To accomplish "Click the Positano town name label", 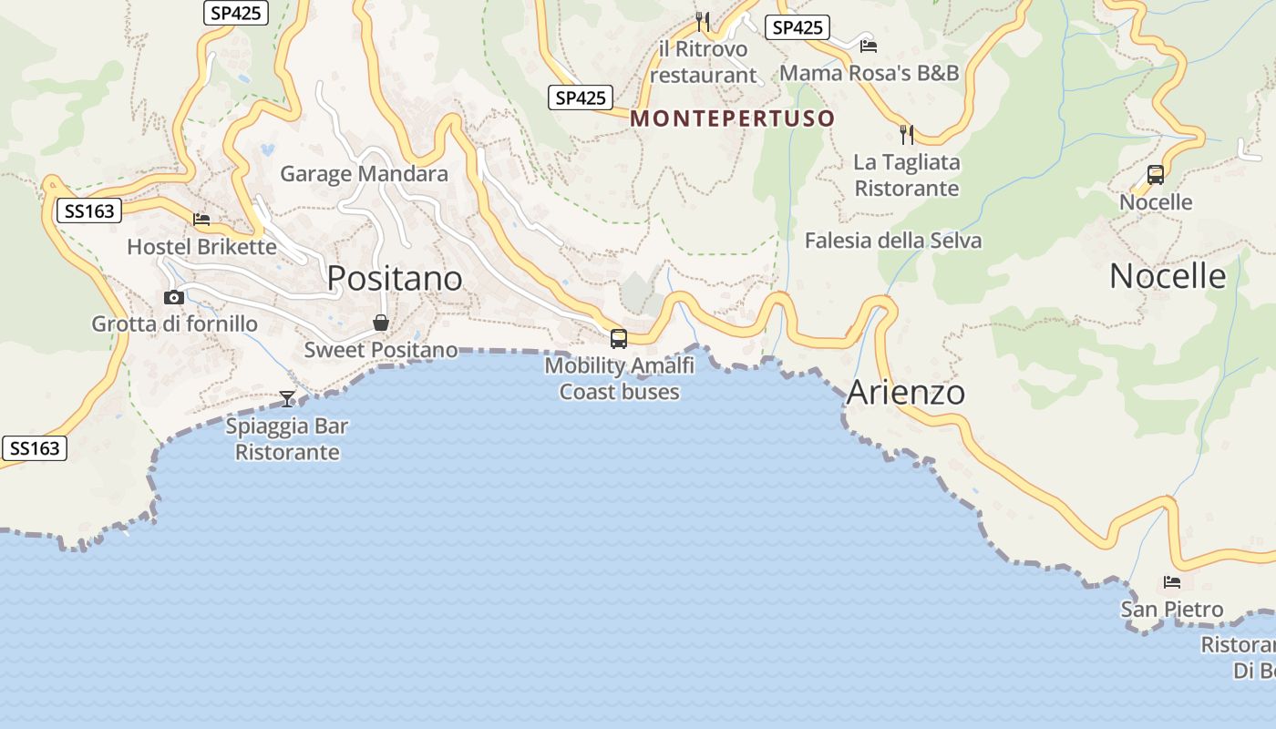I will pyautogui.click(x=395, y=278).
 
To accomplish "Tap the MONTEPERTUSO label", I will pyautogui.click(x=733, y=118).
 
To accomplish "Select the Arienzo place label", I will pyautogui.click(x=905, y=393).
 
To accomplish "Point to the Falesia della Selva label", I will pyautogui.click(x=893, y=241).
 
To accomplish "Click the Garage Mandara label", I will pyautogui.click(x=364, y=173).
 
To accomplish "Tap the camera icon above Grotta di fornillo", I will pyautogui.click(x=173, y=297).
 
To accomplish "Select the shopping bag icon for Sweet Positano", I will pyautogui.click(x=381, y=323).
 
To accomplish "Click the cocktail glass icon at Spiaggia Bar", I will pyautogui.click(x=287, y=398).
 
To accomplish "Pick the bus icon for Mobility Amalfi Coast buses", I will pyautogui.click(x=619, y=339).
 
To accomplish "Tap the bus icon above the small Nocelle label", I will pyautogui.click(x=1156, y=175).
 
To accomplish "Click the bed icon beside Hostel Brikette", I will pyautogui.click(x=201, y=220).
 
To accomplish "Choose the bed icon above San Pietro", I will pyautogui.click(x=1172, y=581).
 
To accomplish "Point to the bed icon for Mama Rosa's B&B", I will pyautogui.click(x=869, y=46).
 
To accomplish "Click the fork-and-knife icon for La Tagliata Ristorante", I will pyautogui.click(x=906, y=135).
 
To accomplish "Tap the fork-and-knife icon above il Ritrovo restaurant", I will pyautogui.click(x=702, y=21).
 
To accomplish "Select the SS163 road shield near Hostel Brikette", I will pyautogui.click(x=90, y=211).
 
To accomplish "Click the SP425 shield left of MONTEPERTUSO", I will pyautogui.click(x=581, y=98).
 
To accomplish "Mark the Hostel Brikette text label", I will pyautogui.click(x=201, y=247).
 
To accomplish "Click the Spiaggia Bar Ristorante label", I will pyautogui.click(x=287, y=439).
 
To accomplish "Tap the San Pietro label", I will pyautogui.click(x=1172, y=609).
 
